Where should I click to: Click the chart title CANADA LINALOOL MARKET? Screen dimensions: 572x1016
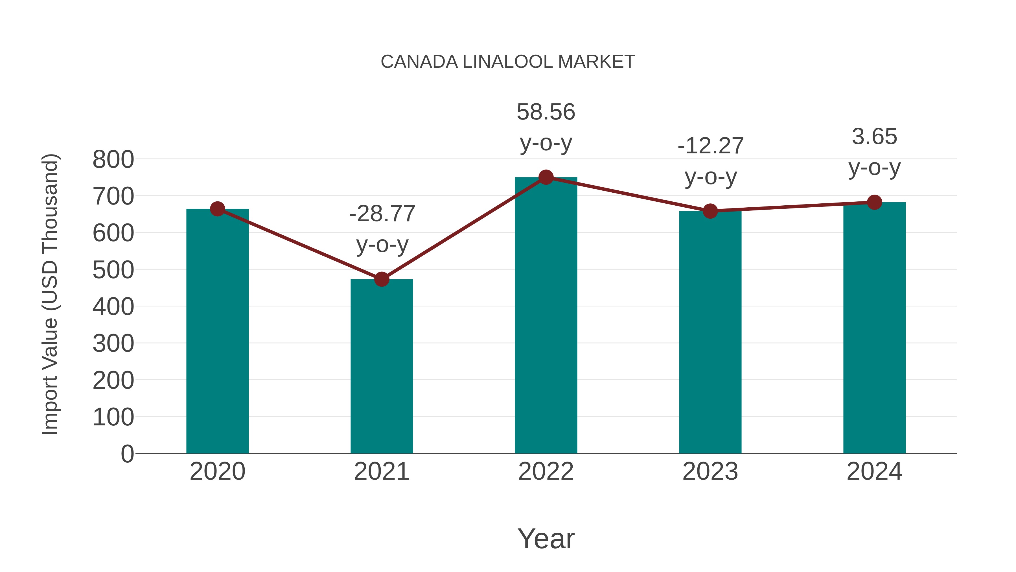pos(508,62)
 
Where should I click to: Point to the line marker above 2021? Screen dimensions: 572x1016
pos(381,279)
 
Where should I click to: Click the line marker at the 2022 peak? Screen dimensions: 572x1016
pos(546,177)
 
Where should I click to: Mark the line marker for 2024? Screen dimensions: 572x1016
pos(874,203)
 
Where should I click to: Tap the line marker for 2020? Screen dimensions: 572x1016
pos(217,209)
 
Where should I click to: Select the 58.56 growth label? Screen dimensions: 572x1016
pos(546,112)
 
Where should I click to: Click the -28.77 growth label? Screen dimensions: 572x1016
pos(382,214)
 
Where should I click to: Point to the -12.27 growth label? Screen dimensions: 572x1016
pos(710,146)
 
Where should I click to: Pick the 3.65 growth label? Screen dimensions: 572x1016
pos(874,137)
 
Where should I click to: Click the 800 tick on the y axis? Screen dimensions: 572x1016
pos(113,160)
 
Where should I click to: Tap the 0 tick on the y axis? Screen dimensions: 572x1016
pos(127,454)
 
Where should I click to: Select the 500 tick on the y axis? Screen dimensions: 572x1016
pos(113,270)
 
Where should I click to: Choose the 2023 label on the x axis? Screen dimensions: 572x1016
pos(710,471)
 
